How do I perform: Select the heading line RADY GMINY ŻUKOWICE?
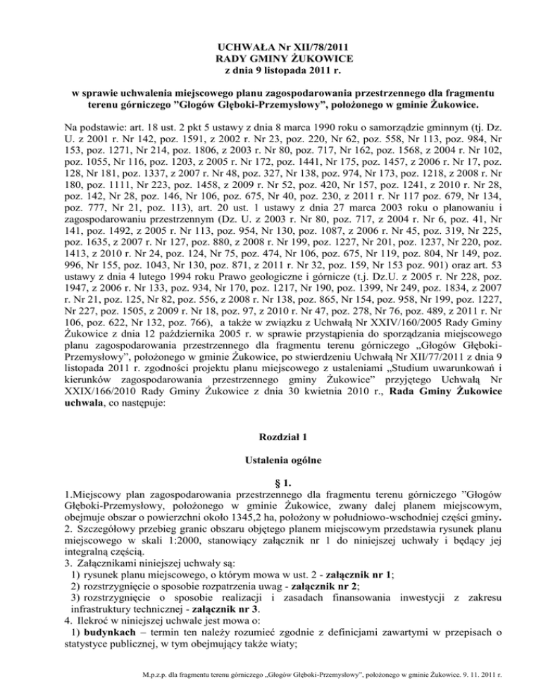pyautogui.click(x=270, y=58)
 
